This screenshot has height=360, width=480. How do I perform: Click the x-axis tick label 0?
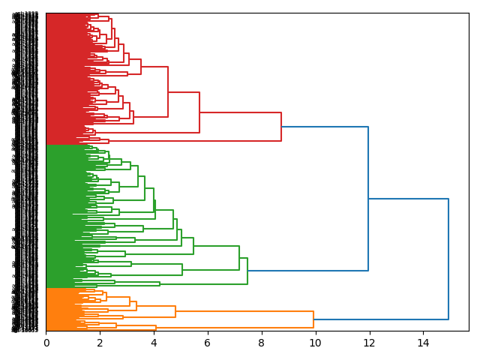pos(46,343)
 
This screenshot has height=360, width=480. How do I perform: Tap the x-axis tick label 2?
pos(100,343)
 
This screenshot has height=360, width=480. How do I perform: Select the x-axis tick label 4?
pos(154,343)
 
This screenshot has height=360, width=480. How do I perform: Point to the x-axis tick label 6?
pos(208,343)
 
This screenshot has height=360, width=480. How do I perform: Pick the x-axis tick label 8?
pos(261,343)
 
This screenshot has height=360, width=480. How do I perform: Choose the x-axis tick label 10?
pos(315,343)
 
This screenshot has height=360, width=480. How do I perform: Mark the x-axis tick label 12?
pos(369,343)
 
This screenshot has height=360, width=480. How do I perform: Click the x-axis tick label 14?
pos(422,343)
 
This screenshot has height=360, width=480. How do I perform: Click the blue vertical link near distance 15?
pos(448,259)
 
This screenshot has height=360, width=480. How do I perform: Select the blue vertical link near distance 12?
pos(368,199)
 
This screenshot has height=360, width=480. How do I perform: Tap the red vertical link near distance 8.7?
pos(281,127)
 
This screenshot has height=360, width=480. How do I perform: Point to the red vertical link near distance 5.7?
pos(199,112)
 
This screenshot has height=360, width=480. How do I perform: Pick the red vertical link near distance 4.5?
pos(168,91)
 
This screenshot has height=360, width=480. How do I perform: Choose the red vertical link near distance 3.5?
pos(141,67)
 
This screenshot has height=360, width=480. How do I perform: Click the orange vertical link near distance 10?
pos(313,319)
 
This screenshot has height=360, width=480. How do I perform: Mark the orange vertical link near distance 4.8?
pos(175,311)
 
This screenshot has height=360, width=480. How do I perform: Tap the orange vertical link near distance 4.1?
pos(156,328)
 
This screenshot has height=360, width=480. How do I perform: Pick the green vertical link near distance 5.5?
pos(193,246)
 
